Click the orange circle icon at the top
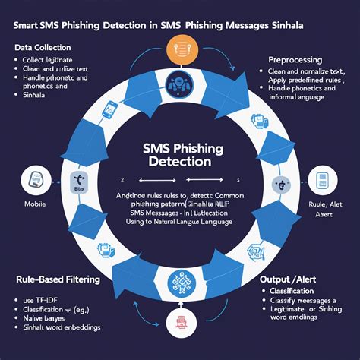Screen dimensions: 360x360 181,47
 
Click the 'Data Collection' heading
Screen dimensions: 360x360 45,48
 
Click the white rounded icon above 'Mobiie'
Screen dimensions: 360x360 35,182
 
